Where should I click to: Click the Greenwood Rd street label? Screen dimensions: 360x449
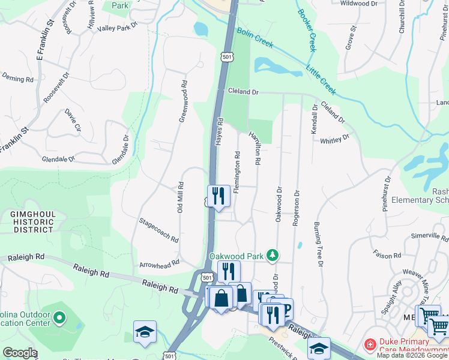point(183,102)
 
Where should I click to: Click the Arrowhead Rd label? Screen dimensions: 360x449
point(159,263)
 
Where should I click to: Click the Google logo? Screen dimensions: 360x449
point(20,353)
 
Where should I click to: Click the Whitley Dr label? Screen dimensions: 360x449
point(334,139)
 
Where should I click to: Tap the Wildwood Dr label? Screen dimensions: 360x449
point(358,4)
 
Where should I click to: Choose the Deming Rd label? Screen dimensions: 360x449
point(17,79)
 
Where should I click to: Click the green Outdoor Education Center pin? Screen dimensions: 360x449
point(59,316)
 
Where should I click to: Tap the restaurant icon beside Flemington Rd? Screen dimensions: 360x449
point(218,196)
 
